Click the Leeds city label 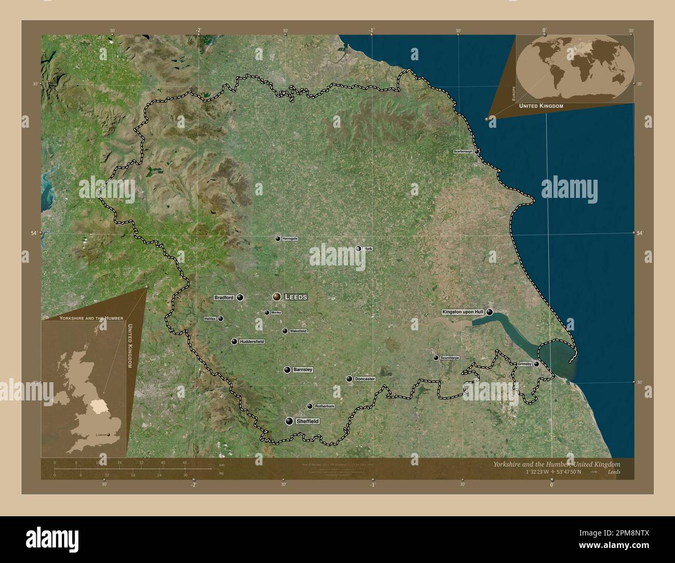[296, 297]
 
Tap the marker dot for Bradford [240, 298]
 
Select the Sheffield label [307, 421]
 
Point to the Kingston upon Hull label [463, 312]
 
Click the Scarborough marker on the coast [477, 152]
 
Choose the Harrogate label [290, 239]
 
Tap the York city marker [358, 249]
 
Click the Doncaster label [365, 379]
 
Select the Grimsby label [524, 364]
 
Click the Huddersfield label [251, 341]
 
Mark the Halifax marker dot [221, 318]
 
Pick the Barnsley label [303, 370]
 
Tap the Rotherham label [325, 406]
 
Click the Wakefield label [298, 331]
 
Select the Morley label [276, 313]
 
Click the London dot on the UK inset [109, 435]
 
